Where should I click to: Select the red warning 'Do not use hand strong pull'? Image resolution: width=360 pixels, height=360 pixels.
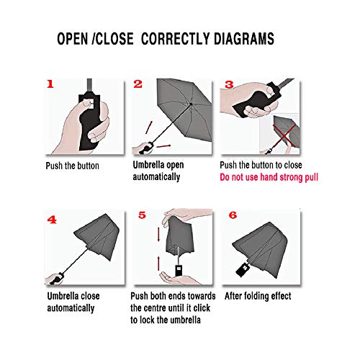click(x=269, y=177)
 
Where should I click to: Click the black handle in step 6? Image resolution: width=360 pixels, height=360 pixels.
click(x=244, y=271)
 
